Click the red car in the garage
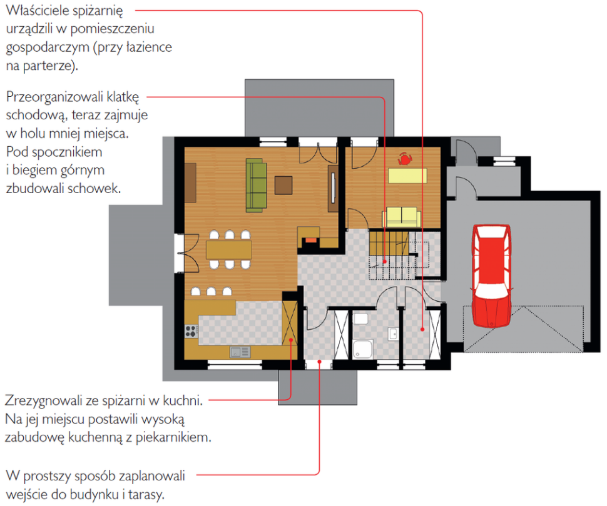click(x=491, y=275)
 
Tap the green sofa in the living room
click(x=257, y=185)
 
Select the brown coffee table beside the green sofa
click(x=283, y=185)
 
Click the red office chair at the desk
click(x=405, y=159)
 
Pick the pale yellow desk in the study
click(x=407, y=176)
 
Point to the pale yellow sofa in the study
click(x=402, y=217)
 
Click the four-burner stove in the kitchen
click(x=191, y=331)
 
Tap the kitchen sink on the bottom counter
click(x=240, y=352)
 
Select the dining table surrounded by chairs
click(x=229, y=250)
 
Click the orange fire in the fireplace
click(x=311, y=241)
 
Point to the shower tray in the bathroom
click(x=363, y=349)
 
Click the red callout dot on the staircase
click(x=385, y=262)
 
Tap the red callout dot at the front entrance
click(x=319, y=362)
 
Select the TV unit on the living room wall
click(x=333, y=188)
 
